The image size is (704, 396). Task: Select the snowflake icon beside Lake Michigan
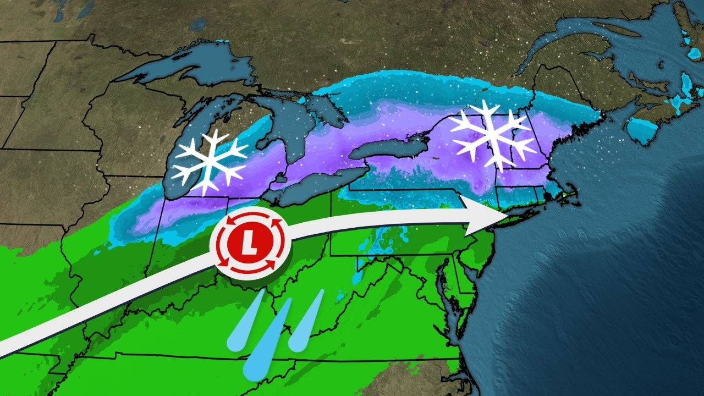(209, 162)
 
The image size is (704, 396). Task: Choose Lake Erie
(313, 184)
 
